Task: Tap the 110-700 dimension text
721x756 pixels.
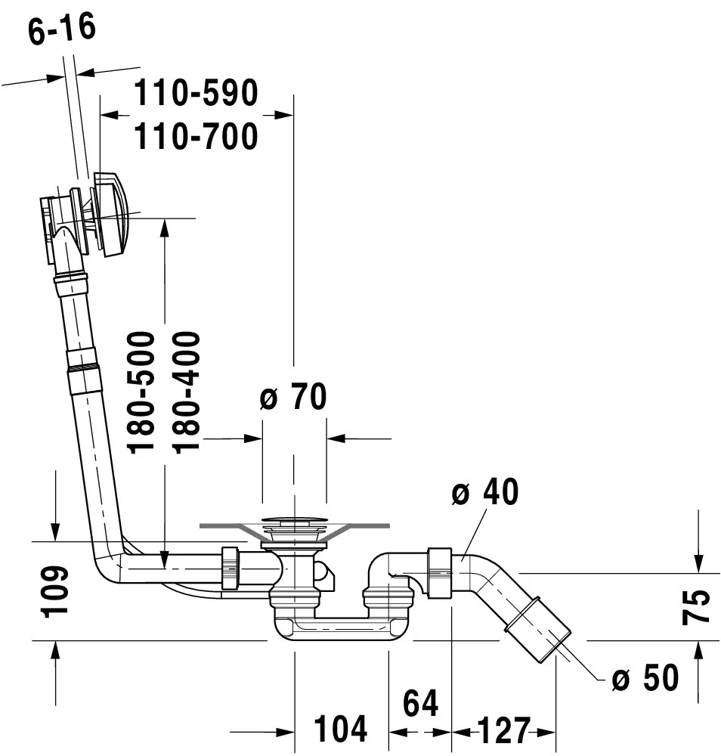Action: pos(196,137)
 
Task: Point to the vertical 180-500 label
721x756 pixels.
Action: pos(141,392)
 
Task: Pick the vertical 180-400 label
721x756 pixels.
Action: pos(185,392)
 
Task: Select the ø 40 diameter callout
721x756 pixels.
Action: pos(484,493)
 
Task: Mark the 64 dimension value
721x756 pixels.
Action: pos(419,703)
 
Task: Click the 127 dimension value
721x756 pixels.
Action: pos(503,730)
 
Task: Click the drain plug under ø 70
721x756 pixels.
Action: pos(294,521)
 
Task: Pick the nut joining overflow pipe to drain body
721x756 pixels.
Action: pos(230,567)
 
